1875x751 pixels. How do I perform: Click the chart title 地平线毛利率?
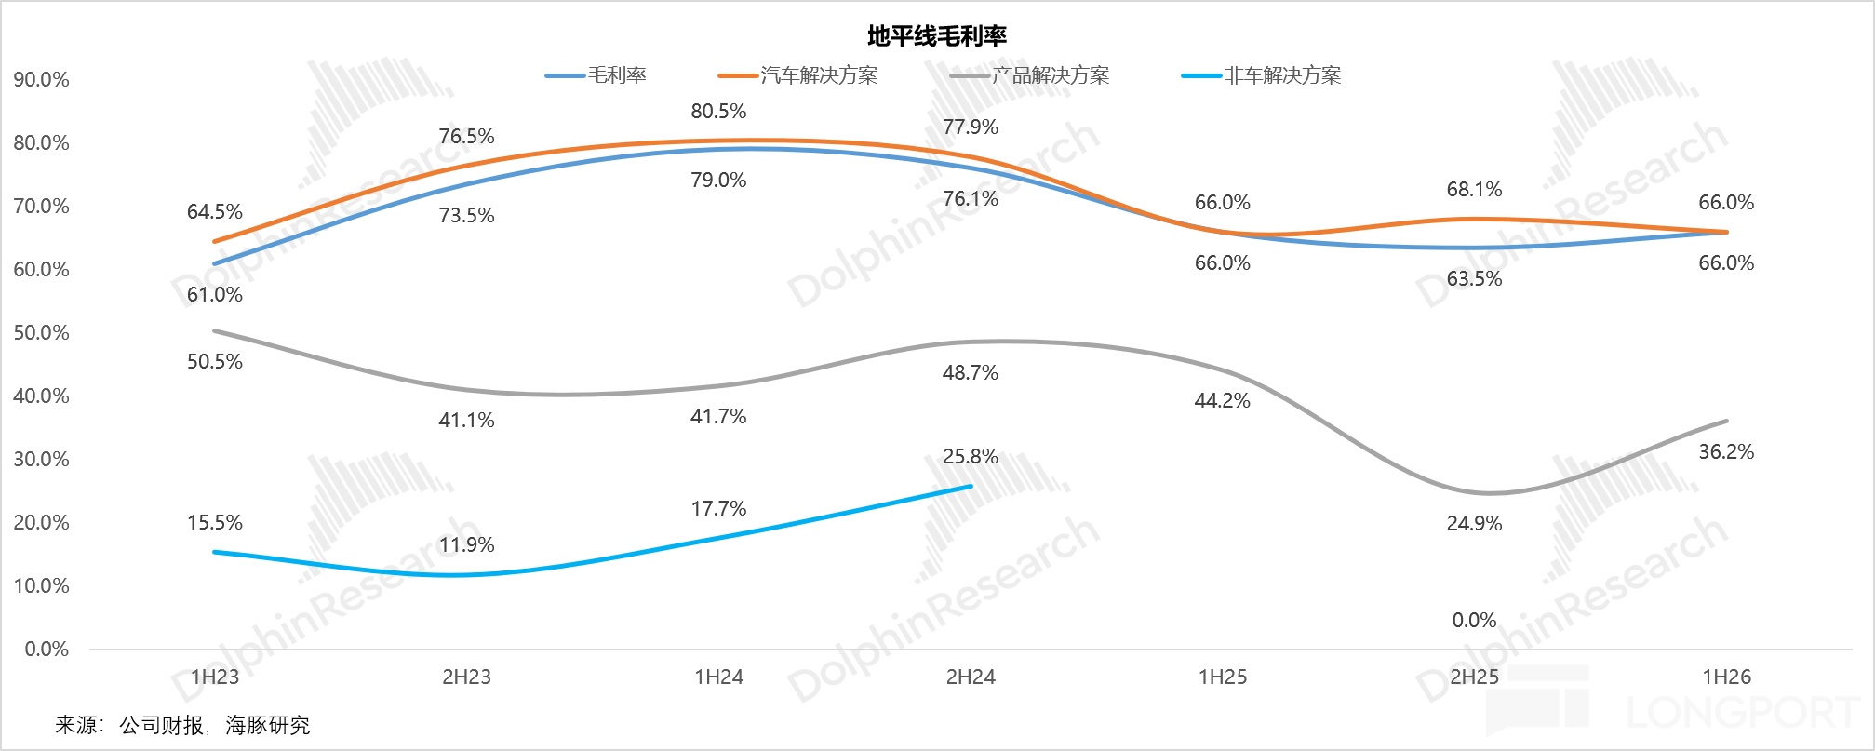pos(937,36)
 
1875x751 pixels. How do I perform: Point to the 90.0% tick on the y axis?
pos(42,80)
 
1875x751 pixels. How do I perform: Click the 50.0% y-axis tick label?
pos(42,333)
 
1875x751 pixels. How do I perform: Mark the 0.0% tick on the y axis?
pos(47,650)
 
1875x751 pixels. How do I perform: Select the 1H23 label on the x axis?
pos(215,677)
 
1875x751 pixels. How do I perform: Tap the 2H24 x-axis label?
pos(971,677)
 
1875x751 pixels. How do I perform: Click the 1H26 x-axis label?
pos(1726,677)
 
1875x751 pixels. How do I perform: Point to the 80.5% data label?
pos(718,112)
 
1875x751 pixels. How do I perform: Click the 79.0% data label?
pos(718,181)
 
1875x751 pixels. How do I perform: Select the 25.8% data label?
pos(971,457)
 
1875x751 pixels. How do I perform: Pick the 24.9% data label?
pos(1474,524)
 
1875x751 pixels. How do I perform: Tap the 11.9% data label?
pos(466,545)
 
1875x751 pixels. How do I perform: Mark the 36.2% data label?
pos(1726,452)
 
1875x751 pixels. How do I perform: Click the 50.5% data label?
pos(215,362)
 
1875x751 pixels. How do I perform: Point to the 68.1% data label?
pos(1474,190)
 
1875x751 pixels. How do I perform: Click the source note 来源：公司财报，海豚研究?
pos(182,726)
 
